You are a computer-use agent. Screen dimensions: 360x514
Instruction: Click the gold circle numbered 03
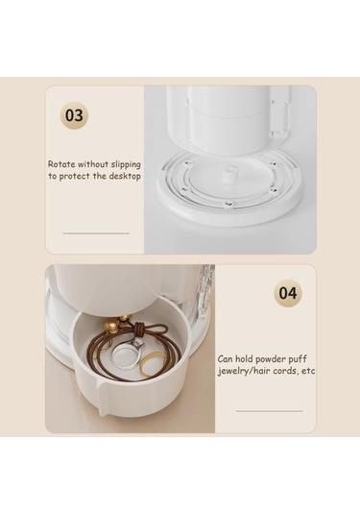[74, 115]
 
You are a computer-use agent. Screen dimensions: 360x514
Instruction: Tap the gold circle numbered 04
[288, 293]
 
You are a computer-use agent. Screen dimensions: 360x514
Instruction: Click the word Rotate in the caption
[61, 164]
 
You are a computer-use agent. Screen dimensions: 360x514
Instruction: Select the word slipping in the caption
[126, 164]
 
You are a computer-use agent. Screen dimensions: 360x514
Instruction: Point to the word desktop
[125, 177]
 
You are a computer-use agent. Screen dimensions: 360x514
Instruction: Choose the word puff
[298, 360]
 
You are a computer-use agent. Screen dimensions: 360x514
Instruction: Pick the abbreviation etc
[308, 372]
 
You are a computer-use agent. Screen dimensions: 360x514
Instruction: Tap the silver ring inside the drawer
[126, 355]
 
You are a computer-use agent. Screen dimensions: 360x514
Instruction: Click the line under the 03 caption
[96, 233]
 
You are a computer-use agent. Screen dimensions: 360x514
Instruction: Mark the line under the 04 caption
[269, 411]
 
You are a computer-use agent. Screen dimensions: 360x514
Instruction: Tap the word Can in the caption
[225, 359]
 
